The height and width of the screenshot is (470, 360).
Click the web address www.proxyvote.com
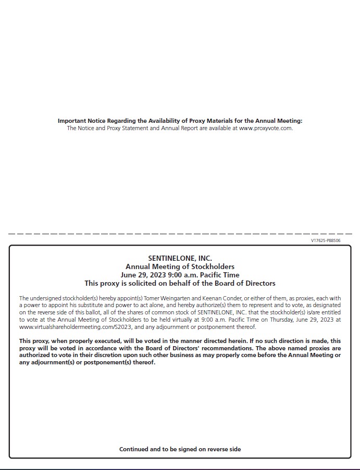click(x=266, y=128)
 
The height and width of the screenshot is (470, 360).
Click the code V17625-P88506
click(x=326, y=240)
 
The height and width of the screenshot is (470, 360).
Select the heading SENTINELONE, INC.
click(x=180, y=258)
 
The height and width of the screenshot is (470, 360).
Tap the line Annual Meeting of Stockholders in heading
click(x=180, y=266)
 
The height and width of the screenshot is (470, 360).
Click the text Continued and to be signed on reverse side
click(x=180, y=449)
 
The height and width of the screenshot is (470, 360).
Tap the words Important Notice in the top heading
click(x=81, y=121)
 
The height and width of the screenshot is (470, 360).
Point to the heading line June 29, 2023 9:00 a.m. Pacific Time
click(x=180, y=275)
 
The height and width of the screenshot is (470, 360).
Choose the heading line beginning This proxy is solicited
click(x=180, y=283)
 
